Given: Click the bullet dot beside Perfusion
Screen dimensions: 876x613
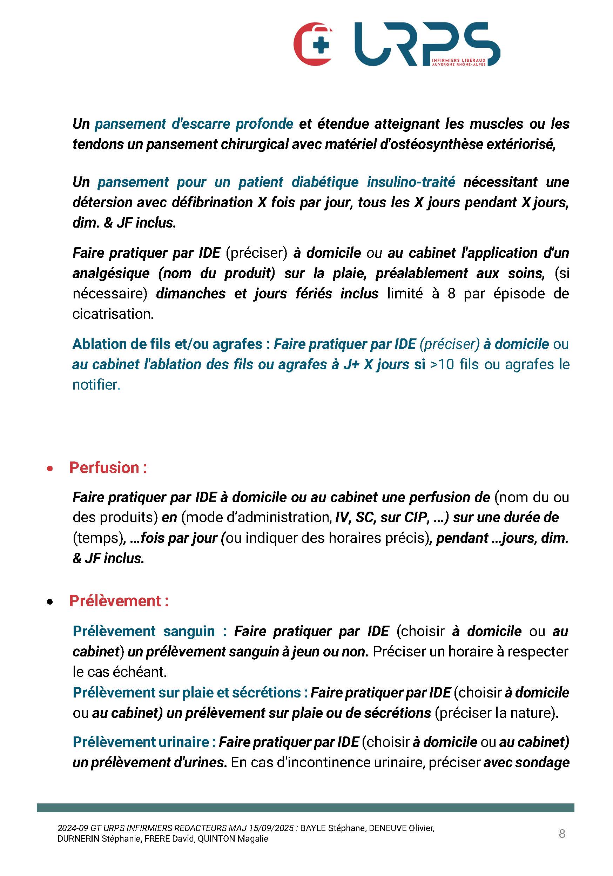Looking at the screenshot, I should coord(49,469).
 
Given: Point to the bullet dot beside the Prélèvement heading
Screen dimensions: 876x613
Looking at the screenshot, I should coord(49,602).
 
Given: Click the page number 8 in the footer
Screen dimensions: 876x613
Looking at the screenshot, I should coord(561,834).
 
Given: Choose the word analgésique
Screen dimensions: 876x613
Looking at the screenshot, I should coord(111,273).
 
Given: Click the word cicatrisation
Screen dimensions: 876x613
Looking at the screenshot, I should coord(113,314).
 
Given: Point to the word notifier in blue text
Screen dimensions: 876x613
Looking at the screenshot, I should coord(95,385).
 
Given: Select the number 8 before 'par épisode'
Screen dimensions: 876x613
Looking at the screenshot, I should coord(451,294).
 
